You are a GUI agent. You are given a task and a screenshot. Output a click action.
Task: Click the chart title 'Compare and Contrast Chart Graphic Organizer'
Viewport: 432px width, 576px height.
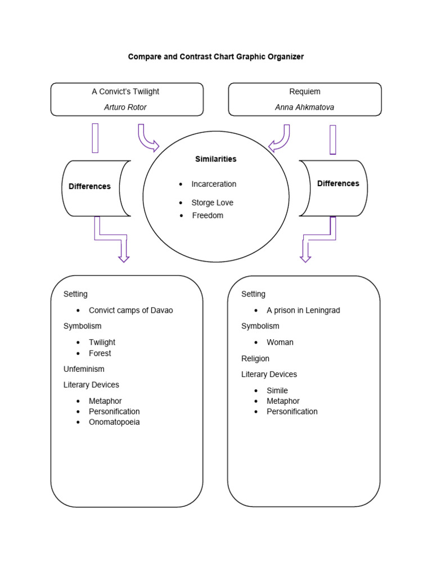click(x=216, y=57)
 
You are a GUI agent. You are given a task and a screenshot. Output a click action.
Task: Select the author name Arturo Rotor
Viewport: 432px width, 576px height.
click(x=125, y=107)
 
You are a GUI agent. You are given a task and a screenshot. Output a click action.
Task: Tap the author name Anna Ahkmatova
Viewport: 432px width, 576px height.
click(x=304, y=107)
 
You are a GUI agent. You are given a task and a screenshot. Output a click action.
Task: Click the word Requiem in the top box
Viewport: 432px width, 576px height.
click(x=304, y=92)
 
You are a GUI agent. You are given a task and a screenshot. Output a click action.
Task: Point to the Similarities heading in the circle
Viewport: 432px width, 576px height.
click(x=216, y=159)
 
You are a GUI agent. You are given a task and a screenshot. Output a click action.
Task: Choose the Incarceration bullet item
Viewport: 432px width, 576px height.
click(x=214, y=184)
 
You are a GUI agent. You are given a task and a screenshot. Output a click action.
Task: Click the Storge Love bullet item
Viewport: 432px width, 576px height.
click(x=212, y=202)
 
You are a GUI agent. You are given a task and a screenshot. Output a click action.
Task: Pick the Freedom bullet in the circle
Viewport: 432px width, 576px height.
click(x=208, y=215)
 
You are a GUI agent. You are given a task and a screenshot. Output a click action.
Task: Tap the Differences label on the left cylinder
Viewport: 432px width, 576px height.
click(x=89, y=187)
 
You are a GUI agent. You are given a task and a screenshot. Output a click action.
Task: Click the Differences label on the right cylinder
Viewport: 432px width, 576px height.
click(x=338, y=183)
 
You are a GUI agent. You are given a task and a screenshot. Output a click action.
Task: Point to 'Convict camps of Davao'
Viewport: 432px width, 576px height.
click(x=131, y=310)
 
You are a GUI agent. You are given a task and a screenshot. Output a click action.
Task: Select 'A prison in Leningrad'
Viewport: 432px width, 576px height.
click(x=303, y=310)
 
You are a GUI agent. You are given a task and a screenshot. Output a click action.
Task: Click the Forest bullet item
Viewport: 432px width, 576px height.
click(x=100, y=353)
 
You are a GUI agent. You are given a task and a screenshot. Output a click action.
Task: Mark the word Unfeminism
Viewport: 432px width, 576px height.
click(x=84, y=369)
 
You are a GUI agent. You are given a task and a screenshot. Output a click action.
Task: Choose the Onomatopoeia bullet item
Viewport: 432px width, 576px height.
click(x=114, y=422)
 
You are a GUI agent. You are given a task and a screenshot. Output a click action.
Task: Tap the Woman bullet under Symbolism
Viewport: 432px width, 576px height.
click(x=280, y=342)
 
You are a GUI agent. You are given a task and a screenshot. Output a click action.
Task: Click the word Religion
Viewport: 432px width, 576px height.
click(x=255, y=358)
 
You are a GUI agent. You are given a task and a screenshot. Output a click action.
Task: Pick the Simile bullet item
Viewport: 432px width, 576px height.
click(x=277, y=390)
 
